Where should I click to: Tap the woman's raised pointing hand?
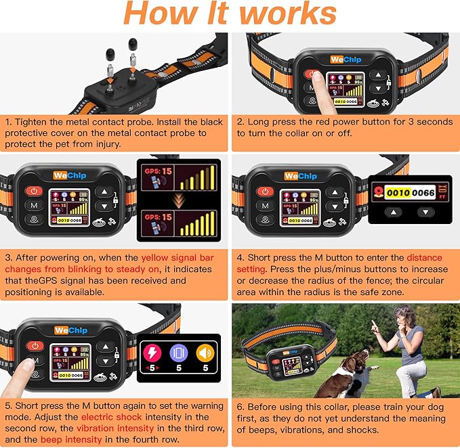[374, 325]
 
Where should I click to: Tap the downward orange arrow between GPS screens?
[179, 198]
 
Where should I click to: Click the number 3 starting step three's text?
[7, 257]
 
